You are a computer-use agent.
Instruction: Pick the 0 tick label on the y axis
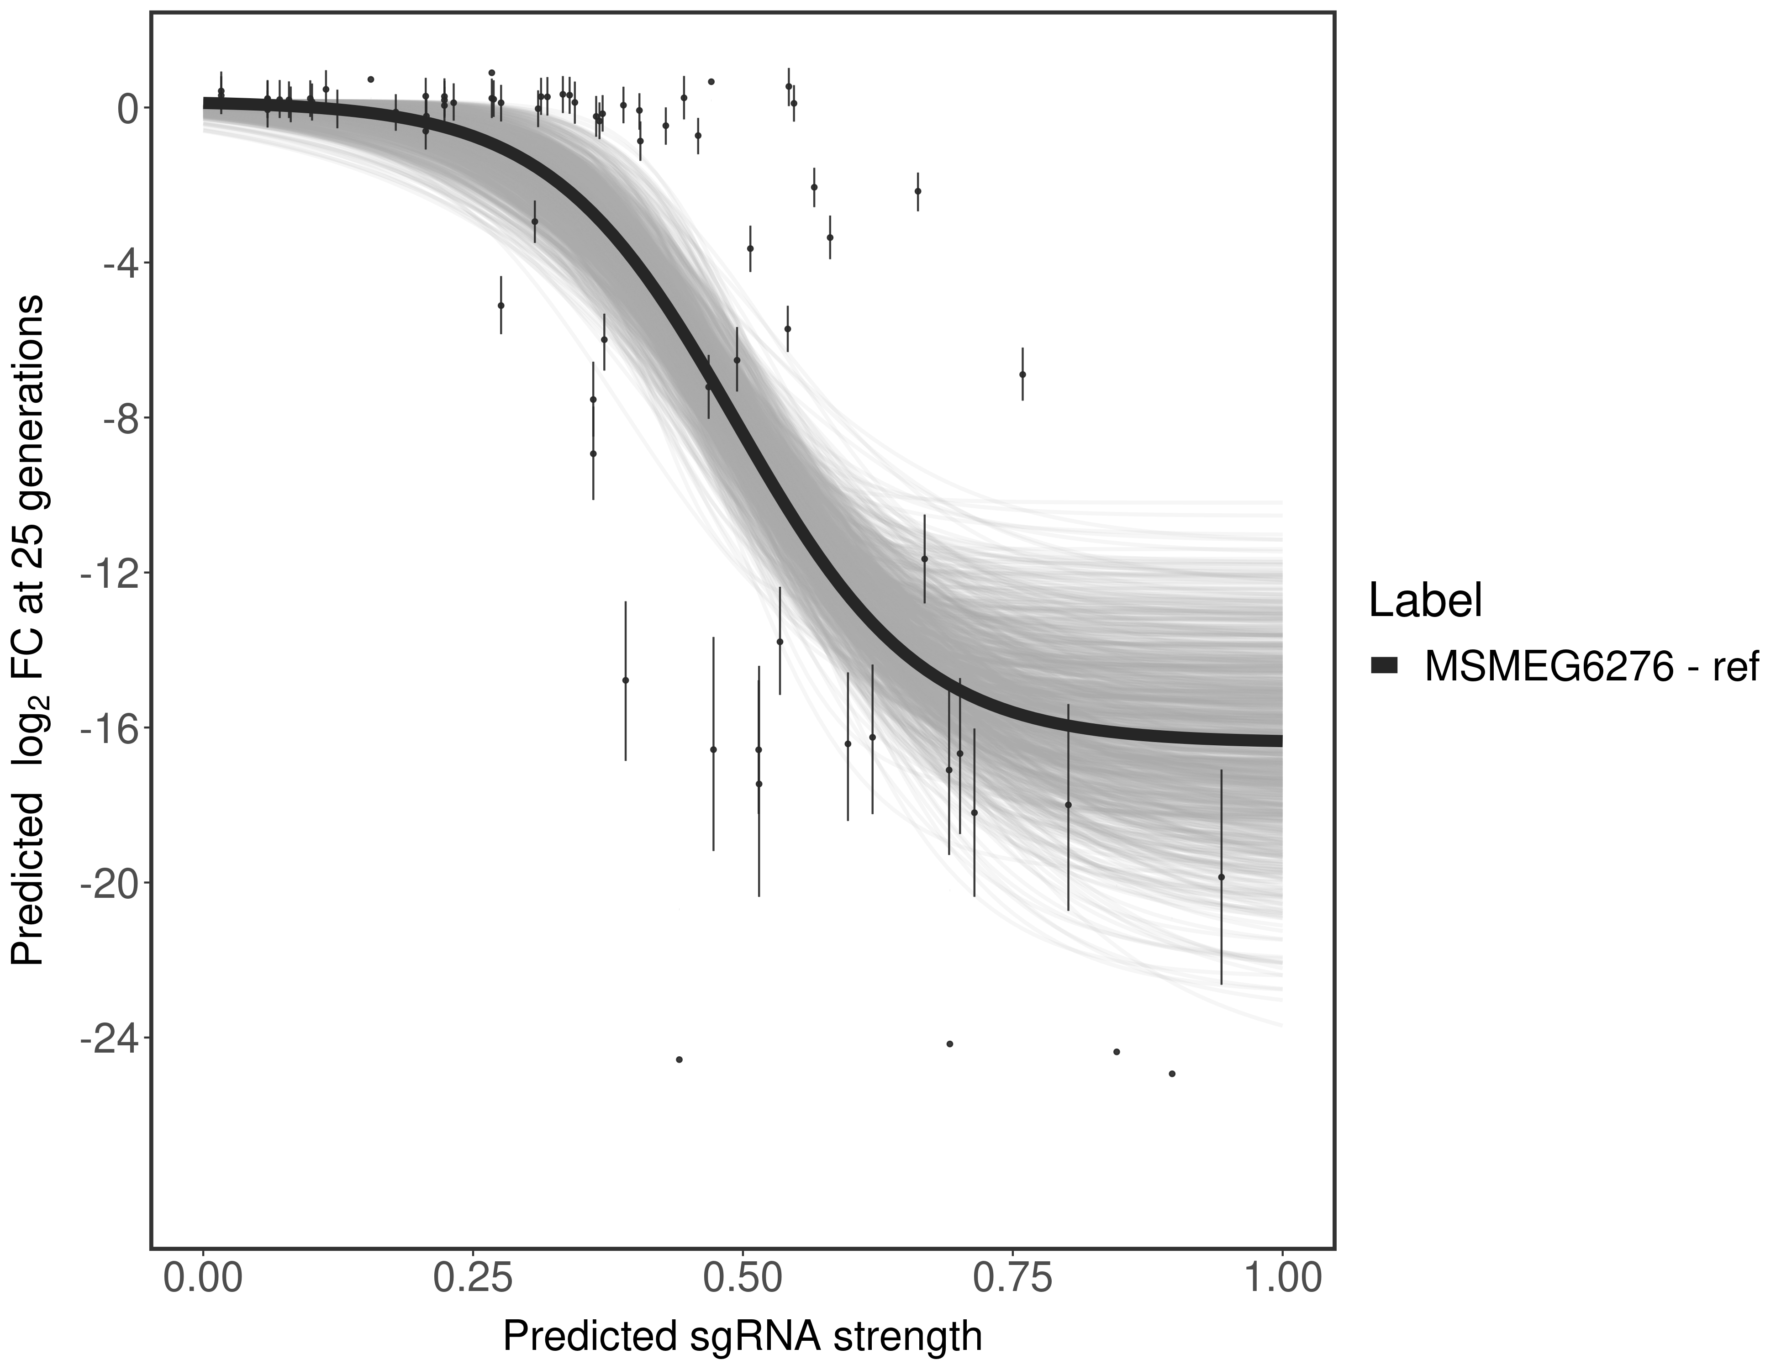click(x=127, y=109)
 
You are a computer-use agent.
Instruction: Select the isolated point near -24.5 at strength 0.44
click(x=680, y=1059)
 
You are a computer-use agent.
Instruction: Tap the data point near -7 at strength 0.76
click(x=1022, y=374)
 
